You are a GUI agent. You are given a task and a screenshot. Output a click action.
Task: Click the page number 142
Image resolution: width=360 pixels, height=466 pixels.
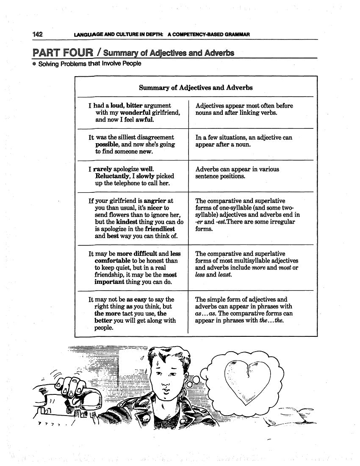pyautogui.click(x=37, y=34)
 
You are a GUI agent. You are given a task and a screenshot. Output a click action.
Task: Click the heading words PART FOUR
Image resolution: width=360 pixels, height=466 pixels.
pyautogui.click(x=62, y=53)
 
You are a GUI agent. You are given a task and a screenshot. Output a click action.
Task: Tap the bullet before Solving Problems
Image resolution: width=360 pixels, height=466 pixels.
pyautogui.click(x=34, y=64)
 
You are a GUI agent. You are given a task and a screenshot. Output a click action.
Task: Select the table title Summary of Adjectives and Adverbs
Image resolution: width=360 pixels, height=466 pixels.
pyautogui.click(x=196, y=88)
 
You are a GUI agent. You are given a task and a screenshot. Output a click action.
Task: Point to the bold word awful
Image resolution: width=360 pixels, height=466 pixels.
pyautogui.click(x=144, y=120)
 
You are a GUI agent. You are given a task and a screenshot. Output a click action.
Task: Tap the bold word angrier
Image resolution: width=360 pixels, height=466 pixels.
pyautogui.click(x=155, y=201)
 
